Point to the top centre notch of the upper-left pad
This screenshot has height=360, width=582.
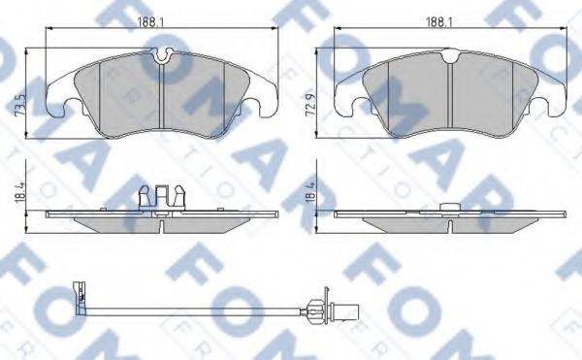coord(162,58)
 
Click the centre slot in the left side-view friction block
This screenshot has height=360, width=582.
coord(162,227)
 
